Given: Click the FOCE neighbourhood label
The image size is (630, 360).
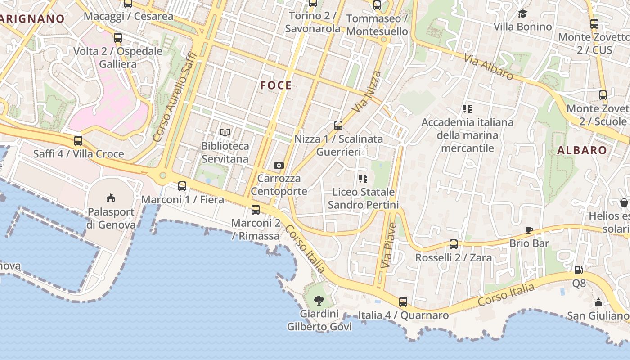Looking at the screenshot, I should click(276, 85).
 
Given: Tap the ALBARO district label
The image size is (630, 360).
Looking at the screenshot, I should click(582, 150).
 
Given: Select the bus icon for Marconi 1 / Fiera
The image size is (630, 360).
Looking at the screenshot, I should click(182, 186).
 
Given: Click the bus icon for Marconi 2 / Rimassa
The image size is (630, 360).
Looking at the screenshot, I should click(256, 209).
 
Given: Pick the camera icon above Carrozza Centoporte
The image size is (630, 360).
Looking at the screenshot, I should click(279, 165).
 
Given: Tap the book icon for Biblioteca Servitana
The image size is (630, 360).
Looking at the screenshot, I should click(225, 132).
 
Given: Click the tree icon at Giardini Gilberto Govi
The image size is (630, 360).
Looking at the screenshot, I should click(319, 300).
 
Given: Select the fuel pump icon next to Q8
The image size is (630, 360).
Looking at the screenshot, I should click(579, 270).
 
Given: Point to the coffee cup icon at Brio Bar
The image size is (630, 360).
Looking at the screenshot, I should click(529, 230).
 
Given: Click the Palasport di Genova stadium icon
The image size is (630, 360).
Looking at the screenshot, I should click(111, 198).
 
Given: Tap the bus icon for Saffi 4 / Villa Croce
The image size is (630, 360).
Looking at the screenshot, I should click(78, 140).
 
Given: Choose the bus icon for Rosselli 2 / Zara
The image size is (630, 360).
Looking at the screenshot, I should click(454, 244).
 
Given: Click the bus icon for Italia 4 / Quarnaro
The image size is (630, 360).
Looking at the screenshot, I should click(403, 301).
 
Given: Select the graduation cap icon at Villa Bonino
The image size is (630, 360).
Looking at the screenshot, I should click(522, 13).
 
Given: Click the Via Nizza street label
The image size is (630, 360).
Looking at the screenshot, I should click(366, 92).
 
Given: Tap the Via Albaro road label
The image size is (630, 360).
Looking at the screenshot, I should click(489, 67).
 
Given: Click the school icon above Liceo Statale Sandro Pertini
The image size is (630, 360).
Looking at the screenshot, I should click(363, 179).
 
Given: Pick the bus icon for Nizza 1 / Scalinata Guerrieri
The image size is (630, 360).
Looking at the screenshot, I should click(338, 126).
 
